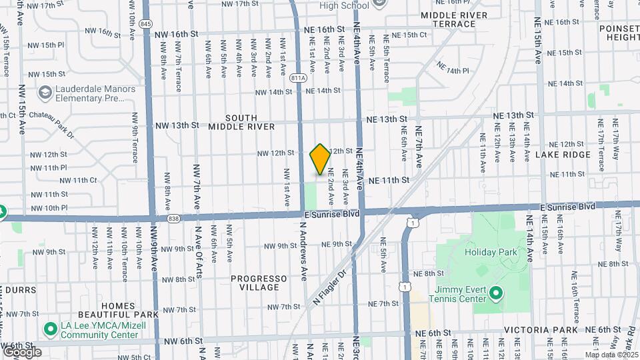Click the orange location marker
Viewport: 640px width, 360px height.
coord(320,159)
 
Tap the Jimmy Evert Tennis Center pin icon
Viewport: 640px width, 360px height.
coord(495,293)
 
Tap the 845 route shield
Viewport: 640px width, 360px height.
coord(147,23)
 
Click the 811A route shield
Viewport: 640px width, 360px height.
coord(299,78)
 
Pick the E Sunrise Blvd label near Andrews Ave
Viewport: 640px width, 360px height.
coord(331,214)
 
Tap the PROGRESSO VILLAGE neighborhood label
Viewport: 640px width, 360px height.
coord(255,283)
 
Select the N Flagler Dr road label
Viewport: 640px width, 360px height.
coord(331,287)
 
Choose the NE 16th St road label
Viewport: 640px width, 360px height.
coord(324,30)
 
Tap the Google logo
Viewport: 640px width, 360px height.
coord(21,351)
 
